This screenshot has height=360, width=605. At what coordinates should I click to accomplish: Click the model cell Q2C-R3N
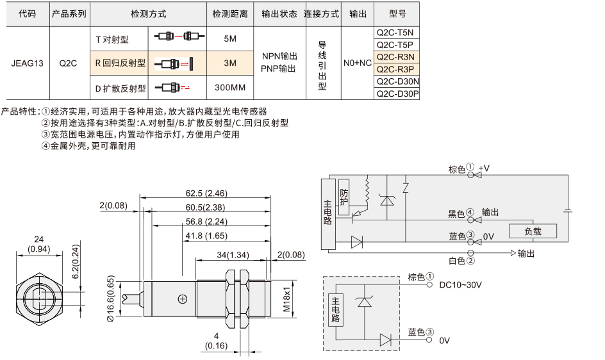pos(396,57)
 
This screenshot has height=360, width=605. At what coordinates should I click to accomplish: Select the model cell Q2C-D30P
pos(396,94)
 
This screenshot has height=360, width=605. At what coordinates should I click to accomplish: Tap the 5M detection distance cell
pos(230,38)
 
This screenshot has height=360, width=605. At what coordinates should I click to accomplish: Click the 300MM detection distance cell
pos(230,88)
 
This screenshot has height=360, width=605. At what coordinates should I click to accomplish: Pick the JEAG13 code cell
pos(28,63)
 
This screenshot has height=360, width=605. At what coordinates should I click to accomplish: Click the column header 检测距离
pos(230,14)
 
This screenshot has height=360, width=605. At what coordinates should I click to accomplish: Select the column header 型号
pos(397,14)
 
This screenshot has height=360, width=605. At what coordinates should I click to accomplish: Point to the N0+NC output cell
pos(358,63)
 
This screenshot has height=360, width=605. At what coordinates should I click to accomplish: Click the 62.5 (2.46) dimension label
pos(206,193)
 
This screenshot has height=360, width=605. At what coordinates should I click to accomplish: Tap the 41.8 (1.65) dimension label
pos(206,235)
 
